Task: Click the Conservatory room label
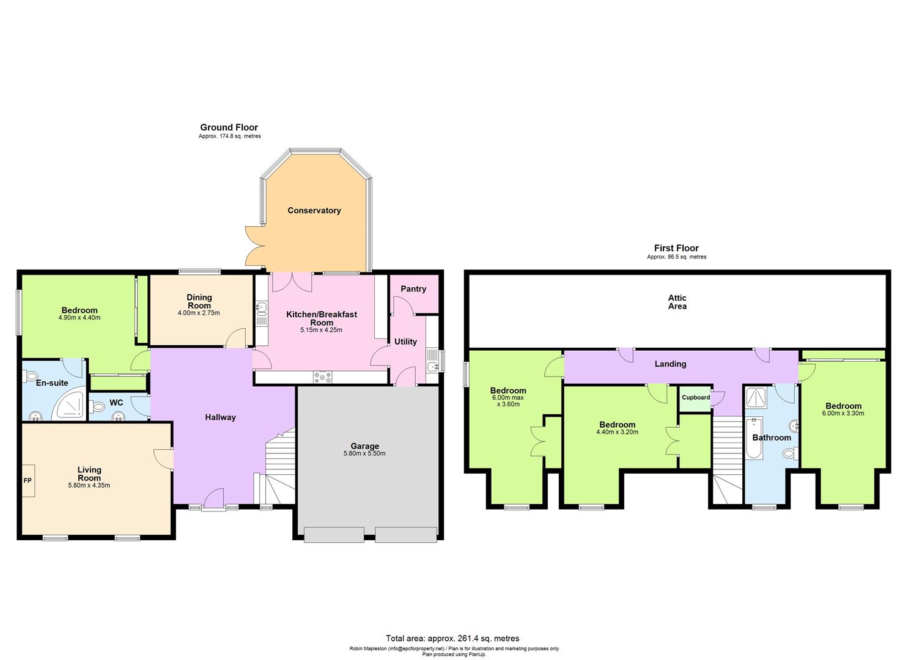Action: pyautogui.click(x=314, y=210)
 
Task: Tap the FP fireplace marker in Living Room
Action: pyautogui.click(x=28, y=481)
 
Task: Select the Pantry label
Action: pyautogui.click(x=413, y=288)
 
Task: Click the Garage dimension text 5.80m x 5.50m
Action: pyautogui.click(x=364, y=453)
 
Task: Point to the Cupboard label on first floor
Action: pyautogui.click(x=696, y=397)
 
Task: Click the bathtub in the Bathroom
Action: pyautogui.click(x=754, y=438)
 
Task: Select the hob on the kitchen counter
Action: pyautogui.click(x=322, y=378)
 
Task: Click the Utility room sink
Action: pyautogui.click(x=432, y=367)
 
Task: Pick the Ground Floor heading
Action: pyautogui.click(x=229, y=127)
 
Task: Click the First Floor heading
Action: pyautogui.click(x=676, y=248)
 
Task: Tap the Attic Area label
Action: pyautogui.click(x=677, y=302)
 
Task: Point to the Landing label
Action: pyautogui.click(x=670, y=364)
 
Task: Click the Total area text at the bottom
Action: pyautogui.click(x=452, y=638)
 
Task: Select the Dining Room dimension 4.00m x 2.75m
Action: pyautogui.click(x=199, y=313)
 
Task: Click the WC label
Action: pyautogui.click(x=116, y=403)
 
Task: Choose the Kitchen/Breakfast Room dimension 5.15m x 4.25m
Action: pyautogui.click(x=321, y=330)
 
